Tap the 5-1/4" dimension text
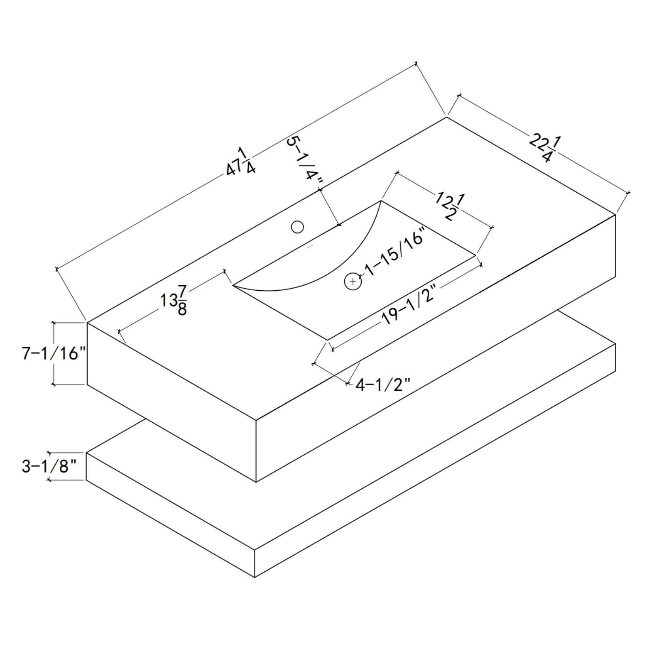(305, 160)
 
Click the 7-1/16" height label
(54, 353)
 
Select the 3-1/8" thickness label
(50, 466)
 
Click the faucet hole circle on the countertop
(297, 227)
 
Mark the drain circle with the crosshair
(353, 282)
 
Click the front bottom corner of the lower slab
(255, 577)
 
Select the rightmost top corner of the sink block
(615, 215)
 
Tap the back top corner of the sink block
(447, 117)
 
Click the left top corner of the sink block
(87, 323)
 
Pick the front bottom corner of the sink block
(256, 482)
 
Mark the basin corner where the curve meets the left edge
(233, 286)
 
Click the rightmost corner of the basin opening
(476, 256)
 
